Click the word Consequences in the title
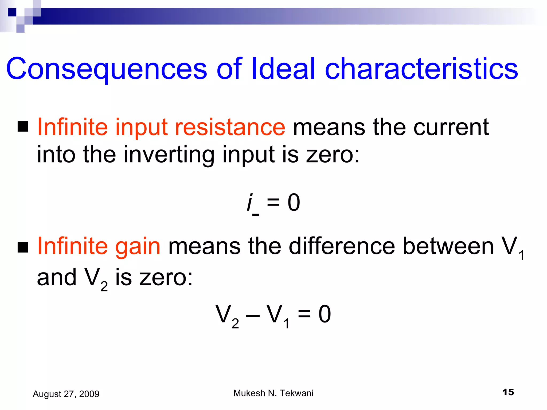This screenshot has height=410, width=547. point(106,69)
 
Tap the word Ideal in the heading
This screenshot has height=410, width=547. point(283,69)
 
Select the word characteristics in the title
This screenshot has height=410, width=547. point(421,69)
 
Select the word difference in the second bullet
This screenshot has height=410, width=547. point(342,246)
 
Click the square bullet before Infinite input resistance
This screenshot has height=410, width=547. point(23,127)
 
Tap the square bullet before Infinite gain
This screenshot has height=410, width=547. point(23,247)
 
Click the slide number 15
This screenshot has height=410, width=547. point(508,392)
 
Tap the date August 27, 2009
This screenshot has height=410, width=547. point(66,394)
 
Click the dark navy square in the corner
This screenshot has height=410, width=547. point(12,12)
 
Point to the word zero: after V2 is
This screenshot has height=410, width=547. point(166,278)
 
